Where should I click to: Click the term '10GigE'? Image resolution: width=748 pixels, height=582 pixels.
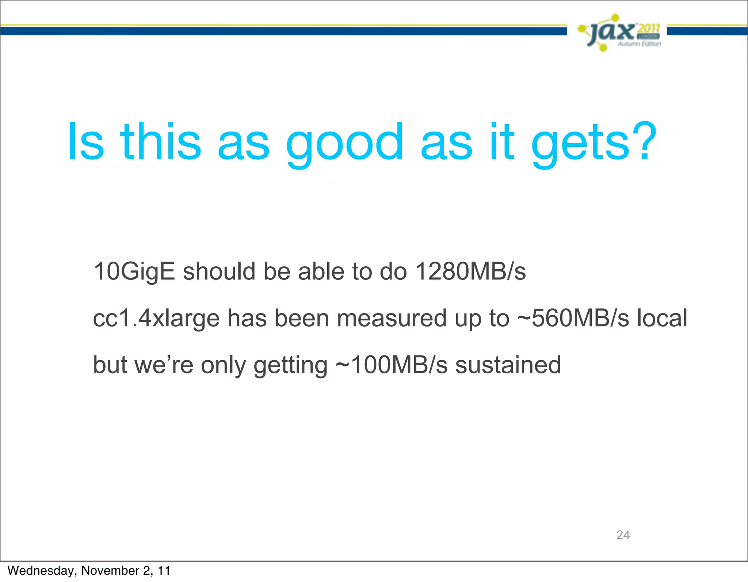(x=134, y=272)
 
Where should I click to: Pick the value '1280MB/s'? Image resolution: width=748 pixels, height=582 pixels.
(x=470, y=271)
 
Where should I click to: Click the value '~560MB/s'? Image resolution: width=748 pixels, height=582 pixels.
(x=573, y=318)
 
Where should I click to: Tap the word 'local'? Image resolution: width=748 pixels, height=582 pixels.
(x=662, y=318)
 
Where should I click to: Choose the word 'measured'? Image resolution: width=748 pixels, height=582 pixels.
(x=392, y=318)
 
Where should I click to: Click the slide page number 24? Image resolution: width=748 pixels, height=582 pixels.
(x=623, y=535)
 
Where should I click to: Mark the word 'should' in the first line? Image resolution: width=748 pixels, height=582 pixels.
(x=219, y=271)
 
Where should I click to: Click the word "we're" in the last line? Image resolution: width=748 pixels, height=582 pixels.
(x=164, y=365)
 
